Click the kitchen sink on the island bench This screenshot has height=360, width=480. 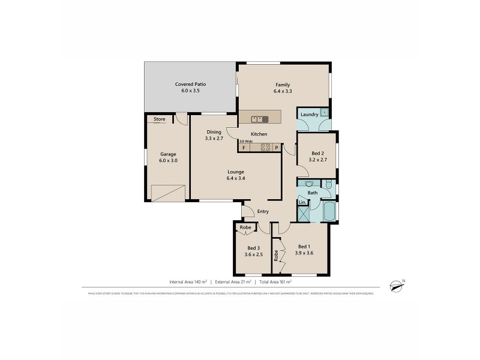tap(260, 118)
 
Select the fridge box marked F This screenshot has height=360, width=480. tap(244, 148)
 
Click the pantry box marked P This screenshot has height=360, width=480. tap(277, 148)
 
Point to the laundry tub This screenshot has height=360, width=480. tap(324, 112)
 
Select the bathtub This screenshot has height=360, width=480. tap(329, 211)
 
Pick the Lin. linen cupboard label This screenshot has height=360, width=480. tap(302, 203)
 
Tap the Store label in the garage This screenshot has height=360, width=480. tap(159, 119)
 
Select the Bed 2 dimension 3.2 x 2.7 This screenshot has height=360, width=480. tap(318, 160)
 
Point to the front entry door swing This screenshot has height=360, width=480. tap(247, 211)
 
